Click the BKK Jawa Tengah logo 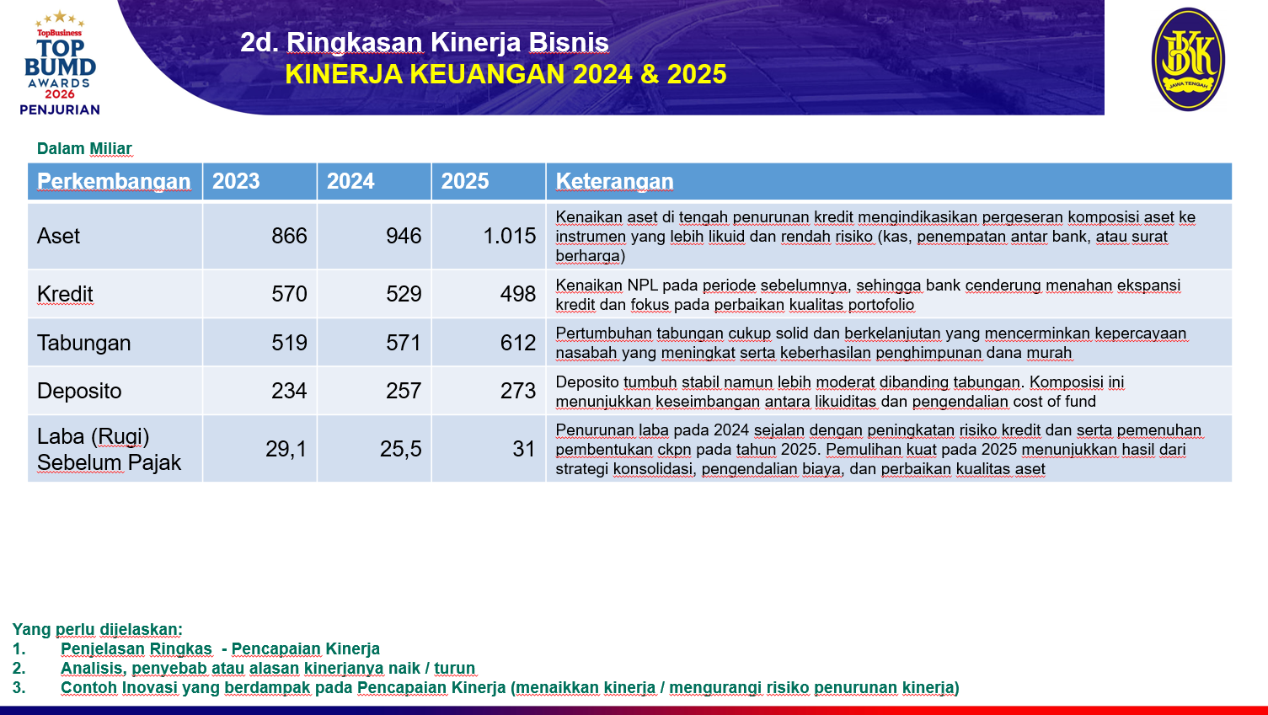(x=1188, y=59)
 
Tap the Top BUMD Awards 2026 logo (x=60, y=63)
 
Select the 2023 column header (x=236, y=181)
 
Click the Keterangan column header (x=614, y=182)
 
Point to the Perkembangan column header (x=114, y=182)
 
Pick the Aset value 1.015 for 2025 (x=510, y=236)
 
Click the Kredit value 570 (x=289, y=294)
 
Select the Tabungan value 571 (x=404, y=343)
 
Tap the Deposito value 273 (x=518, y=391)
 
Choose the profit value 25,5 (x=401, y=449)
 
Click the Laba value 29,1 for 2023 (x=286, y=449)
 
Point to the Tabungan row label (x=83, y=343)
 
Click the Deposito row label (x=79, y=391)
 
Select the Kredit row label (x=65, y=294)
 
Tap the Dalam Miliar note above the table (x=84, y=148)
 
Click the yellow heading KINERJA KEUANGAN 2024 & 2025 (x=506, y=74)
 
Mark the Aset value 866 (x=289, y=236)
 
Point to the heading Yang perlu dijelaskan (x=98, y=629)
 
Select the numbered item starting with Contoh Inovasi (x=510, y=687)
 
